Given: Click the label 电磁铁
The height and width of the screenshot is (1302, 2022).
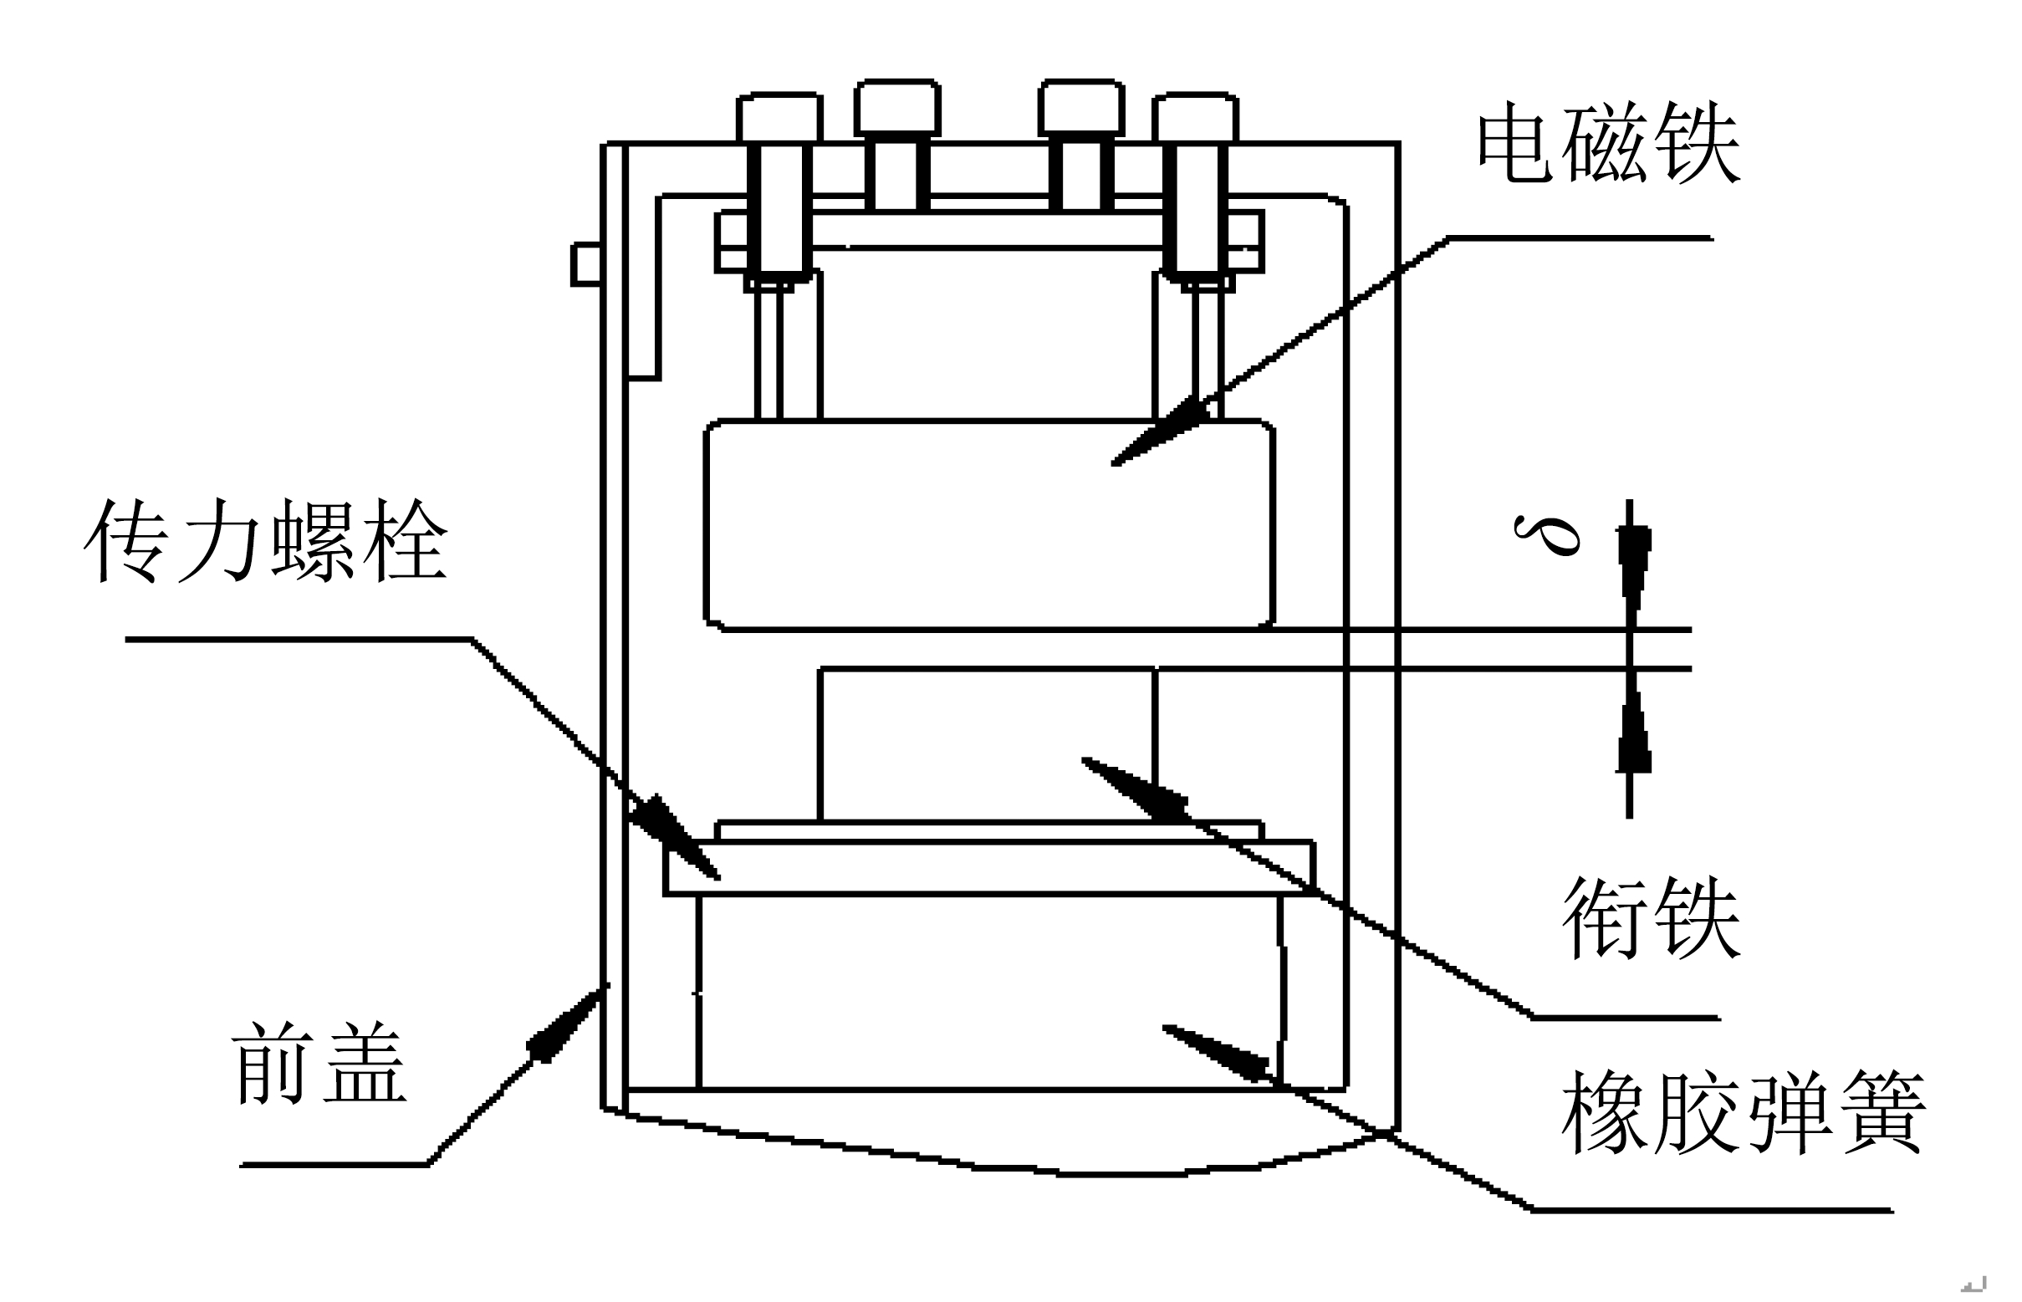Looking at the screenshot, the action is [x=1609, y=143].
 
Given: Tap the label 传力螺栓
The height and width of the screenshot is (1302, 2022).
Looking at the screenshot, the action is [x=265, y=539].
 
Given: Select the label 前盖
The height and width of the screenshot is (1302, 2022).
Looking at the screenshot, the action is [x=319, y=1063].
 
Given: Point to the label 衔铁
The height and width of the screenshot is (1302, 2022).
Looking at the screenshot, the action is [x=1651, y=917].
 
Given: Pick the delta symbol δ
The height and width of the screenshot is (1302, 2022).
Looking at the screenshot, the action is [x=1546, y=534].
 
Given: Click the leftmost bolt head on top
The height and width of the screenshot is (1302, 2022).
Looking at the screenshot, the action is [x=779, y=118].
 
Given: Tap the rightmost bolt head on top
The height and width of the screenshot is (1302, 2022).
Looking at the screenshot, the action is [x=1195, y=118].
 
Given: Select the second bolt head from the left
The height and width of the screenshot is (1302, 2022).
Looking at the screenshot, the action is [x=898, y=107].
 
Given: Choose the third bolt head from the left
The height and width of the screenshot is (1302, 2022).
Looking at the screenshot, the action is [x=1081, y=107].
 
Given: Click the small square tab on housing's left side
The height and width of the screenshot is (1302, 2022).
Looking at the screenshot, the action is [x=587, y=263].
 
